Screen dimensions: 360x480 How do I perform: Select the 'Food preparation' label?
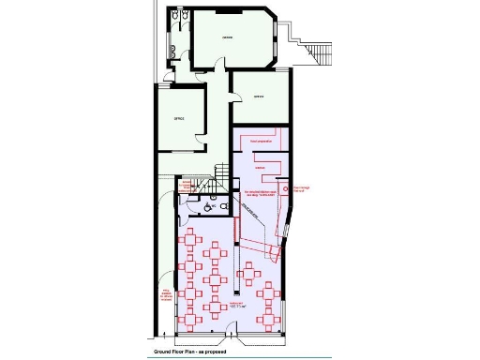pyautogui.click(x=260, y=140)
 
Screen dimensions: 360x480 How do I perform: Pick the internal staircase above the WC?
pyautogui.click(x=220, y=174)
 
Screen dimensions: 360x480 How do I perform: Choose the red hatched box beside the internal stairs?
pyautogui.click(x=186, y=187)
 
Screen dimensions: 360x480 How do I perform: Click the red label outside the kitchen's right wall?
pyautogui.click(x=301, y=190)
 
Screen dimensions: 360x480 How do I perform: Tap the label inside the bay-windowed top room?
pyautogui.click(x=227, y=37)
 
